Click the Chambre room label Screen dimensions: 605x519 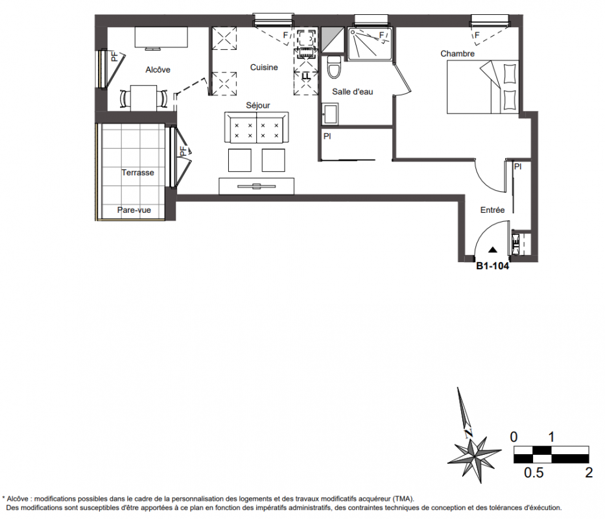tap(457, 54)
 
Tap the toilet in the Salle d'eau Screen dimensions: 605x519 tap(334, 67)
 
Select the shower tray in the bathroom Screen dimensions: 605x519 tap(370, 44)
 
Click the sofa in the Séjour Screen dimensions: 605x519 tap(257, 128)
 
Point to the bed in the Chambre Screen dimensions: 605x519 tap(482, 87)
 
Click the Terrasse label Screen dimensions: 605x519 tap(137, 173)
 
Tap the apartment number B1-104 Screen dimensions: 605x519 tap(492, 266)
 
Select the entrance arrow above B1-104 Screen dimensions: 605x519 tap(492, 250)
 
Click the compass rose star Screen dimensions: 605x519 tap(474, 457)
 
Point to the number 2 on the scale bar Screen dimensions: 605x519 tap(588, 472)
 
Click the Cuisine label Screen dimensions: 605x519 tap(264, 67)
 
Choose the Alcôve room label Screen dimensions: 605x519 tap(158, 70)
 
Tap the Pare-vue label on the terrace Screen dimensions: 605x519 tap(134, 210)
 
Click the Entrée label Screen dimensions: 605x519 tap(492, 210)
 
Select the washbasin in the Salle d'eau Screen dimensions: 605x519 tap(330, 114)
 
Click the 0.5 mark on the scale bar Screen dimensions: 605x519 tap(534, 472)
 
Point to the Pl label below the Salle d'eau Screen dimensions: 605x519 tap(327, 136)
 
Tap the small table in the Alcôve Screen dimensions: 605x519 tap(143, 98)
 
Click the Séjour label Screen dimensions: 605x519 tap(258, 105)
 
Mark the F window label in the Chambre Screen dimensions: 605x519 tap(477, 35)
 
